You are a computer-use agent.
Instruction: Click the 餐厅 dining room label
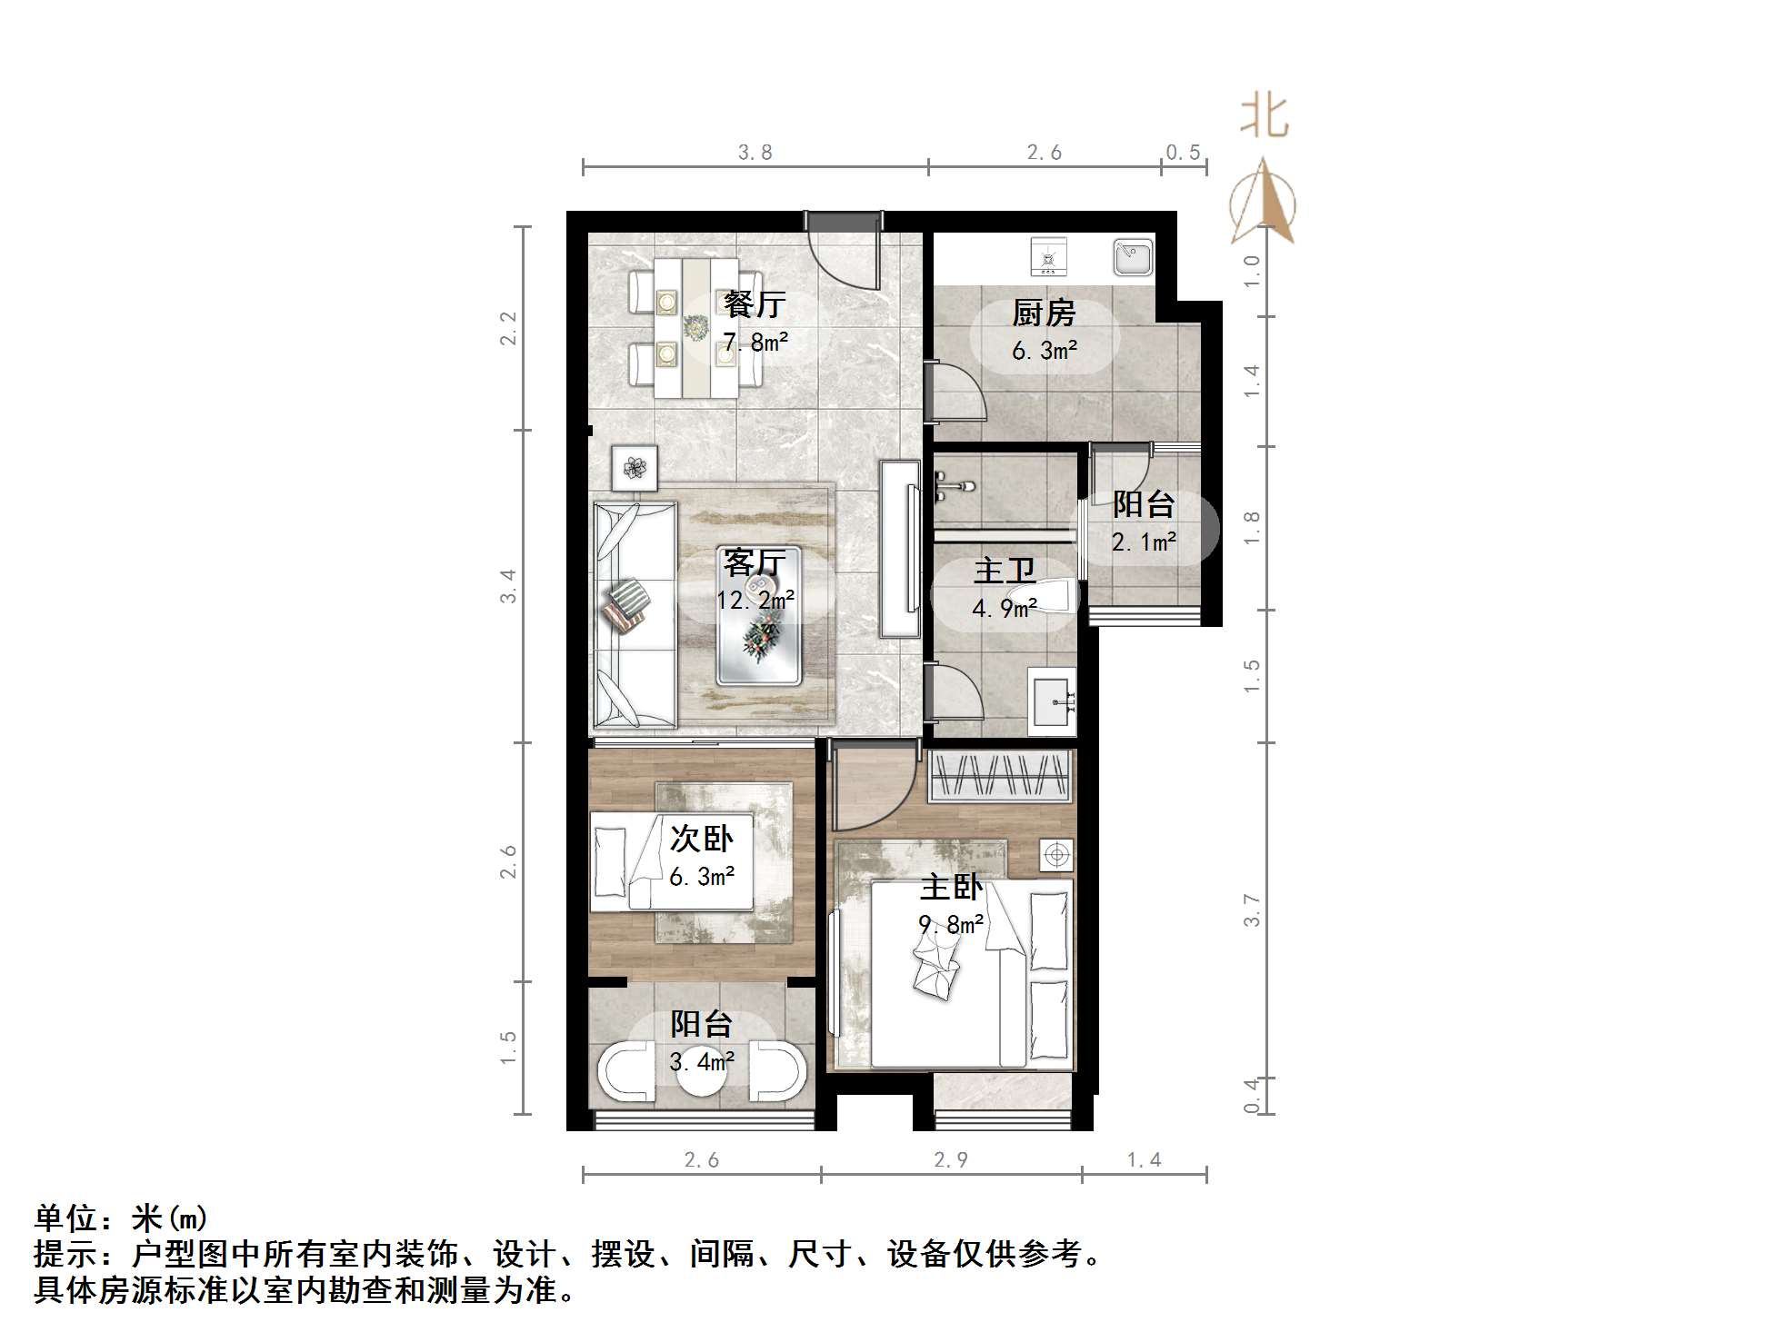click(754, 304)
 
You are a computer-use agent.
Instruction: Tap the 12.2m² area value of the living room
click(755, 601)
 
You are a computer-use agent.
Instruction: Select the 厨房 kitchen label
click(1044, 313)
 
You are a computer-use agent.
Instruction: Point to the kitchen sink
click(1133, 258)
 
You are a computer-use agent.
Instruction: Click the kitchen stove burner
click(1048, 257)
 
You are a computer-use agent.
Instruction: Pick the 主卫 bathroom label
click(1004, 571)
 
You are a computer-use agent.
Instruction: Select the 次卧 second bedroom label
click(701, 839)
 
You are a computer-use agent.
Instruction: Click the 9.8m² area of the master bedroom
click(951, 925)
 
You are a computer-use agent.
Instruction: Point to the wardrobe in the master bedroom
click(1000, 776)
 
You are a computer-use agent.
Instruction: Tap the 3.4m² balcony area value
click(702, 1061)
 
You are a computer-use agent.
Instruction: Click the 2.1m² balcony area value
click(1144, 542)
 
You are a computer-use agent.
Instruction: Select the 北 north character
click(1264, 117)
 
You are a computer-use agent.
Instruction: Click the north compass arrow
click(1263, 204)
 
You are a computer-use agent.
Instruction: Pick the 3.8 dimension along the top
click(755, 153)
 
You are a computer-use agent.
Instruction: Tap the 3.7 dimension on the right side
click(1252, 910)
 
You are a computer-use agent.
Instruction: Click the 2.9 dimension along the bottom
click(950, 1160)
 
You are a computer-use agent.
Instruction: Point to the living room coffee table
click(759, 616)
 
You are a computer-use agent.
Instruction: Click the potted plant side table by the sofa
click(635, 468)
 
